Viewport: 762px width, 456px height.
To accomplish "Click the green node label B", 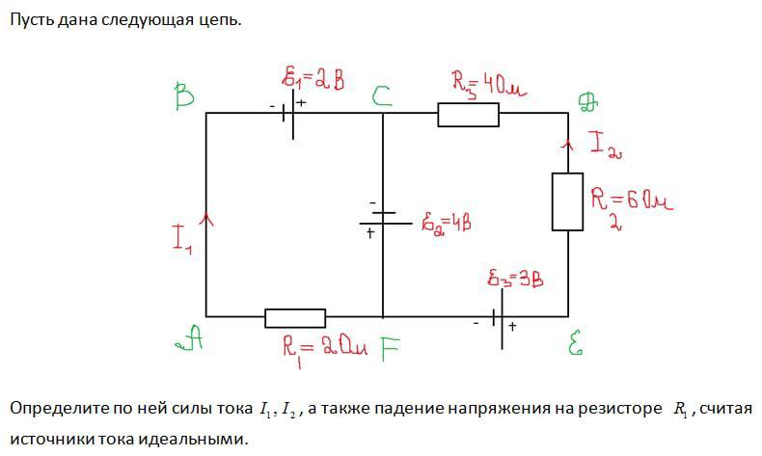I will [x=185, y=96].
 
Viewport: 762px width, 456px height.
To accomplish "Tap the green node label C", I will [x=382, y=94].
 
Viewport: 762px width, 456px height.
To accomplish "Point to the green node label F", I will [x=388, y=348].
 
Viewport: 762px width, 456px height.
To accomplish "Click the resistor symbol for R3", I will [x=468, y=115].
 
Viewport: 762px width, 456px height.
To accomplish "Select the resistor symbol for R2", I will [x=566, y=201].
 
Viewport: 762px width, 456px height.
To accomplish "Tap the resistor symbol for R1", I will [x=295, y=318].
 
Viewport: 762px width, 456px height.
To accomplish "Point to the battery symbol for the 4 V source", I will [x=383, y=219].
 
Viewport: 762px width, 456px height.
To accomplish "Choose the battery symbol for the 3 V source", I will [x=499, y=316].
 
